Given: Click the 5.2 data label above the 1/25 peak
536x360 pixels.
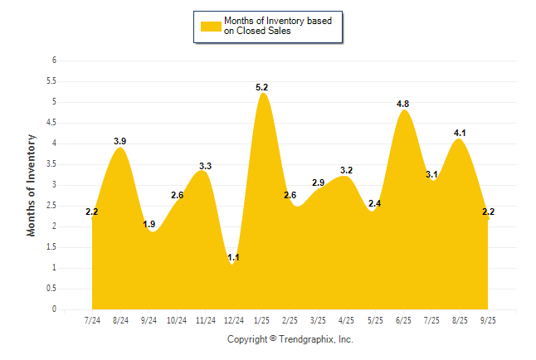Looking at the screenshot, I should (x=262, y=87).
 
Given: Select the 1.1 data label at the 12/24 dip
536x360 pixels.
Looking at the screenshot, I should (x=233, y=258).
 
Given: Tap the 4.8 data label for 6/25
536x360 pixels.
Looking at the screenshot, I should (x=403, y=104).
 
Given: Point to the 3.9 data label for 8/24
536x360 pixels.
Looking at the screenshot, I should (x=120, y=141).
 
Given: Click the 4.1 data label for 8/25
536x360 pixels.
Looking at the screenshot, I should (x=459, y=133).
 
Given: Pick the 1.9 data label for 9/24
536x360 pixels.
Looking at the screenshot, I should (x=149, y=224).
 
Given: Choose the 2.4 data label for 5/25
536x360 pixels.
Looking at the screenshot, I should (x=374, y=203).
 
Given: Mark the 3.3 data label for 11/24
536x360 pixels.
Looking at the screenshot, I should (x=205, y=166).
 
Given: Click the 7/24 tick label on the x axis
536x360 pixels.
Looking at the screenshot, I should (x=92, y=319).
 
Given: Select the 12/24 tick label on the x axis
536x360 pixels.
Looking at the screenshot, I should (x=233, y=319).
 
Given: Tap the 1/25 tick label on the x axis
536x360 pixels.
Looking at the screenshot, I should (x=262, y=319).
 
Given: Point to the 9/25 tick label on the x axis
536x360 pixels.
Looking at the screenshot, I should (x=488, y=319).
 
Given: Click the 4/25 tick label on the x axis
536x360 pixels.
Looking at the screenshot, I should (x=347, y=319).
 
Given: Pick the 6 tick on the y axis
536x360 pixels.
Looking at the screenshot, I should (x=54, y=61).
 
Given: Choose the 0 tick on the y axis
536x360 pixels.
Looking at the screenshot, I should (x=54, y=309).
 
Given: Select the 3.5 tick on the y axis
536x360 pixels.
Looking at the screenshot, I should (x=51, y=164).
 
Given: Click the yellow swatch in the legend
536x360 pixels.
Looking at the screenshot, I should (x=211, y=26).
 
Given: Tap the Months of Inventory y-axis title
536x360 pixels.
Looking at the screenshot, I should (x=32, y=185).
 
